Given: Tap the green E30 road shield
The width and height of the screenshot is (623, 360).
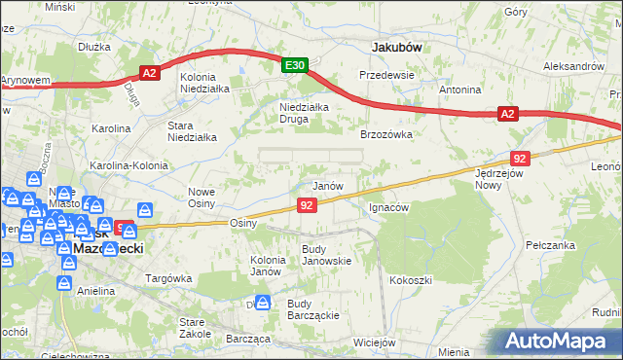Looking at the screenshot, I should pyautogui.click(x=296, y=65).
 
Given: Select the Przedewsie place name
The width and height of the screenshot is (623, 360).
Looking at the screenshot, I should pyautogui.click(x=387, y=74).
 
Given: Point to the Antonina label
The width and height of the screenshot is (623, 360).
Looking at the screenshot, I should pyautogui.click(x=460, y=90).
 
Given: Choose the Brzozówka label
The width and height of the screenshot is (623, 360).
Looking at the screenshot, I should pyautogui.click(x=387, y=135).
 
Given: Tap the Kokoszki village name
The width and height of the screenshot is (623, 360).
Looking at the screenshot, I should pyautogui.click(x=411, y=280).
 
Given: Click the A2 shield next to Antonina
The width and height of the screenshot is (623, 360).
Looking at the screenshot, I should pyautogui.click(x=507, y=115).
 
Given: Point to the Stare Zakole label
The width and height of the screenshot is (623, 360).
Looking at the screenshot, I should pyautogui.click(x=196, y=327).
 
